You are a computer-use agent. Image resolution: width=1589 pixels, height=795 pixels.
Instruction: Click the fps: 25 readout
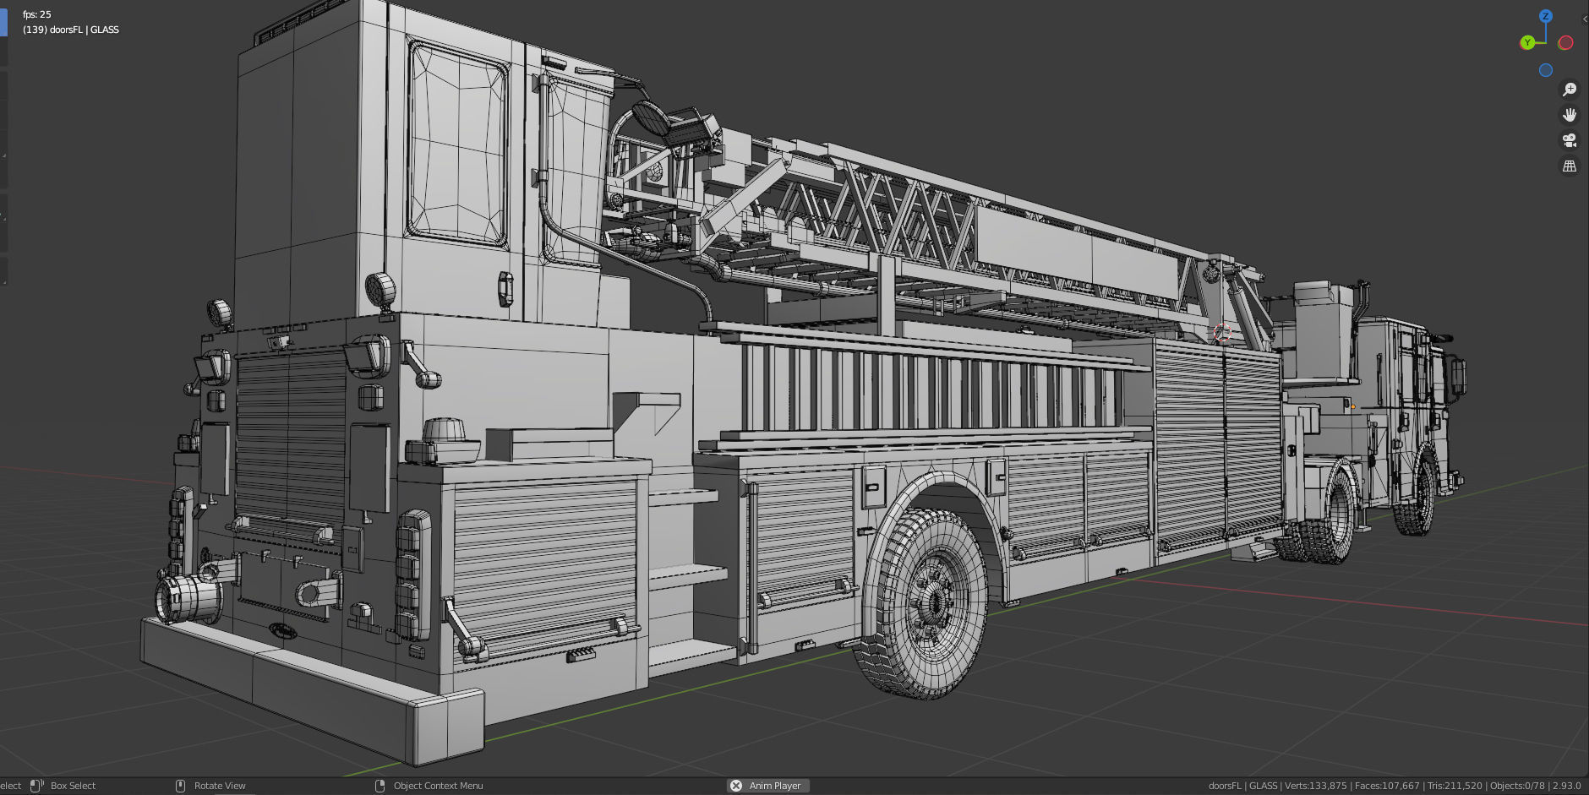pos(37,14)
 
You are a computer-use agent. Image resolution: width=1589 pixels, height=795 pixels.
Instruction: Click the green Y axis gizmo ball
pos(1527,42)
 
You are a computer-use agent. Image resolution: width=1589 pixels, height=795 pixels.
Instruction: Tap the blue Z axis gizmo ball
pos(1545,16)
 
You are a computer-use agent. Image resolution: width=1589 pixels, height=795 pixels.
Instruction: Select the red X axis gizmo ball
pos(1565,42)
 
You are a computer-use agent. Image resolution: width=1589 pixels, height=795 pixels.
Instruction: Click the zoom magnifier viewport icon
pos(1570,90)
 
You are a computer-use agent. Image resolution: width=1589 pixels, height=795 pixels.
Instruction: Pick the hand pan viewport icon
pos(1570,115)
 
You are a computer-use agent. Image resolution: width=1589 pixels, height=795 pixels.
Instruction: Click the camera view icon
pos(1570,140)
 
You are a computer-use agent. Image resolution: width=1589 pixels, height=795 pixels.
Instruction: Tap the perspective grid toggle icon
pos(1570,166)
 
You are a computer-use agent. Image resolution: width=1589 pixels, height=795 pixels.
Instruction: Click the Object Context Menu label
pos(438,786)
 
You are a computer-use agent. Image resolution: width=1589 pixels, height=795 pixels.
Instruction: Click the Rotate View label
pos(220,786)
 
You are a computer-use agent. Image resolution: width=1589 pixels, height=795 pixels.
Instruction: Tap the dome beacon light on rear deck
pos(445,431)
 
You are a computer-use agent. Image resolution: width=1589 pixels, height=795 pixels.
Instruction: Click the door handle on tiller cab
pos(505,289)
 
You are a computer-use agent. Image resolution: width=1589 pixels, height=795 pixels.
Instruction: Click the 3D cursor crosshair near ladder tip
pos(1222,332)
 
